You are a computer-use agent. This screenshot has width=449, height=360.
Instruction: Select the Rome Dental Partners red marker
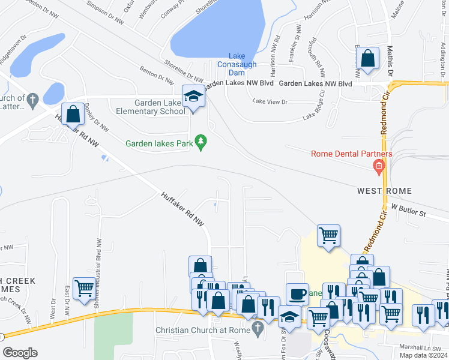pyautogui.click(x=378, y=166)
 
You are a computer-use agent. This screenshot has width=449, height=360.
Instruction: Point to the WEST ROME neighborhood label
pyautogui.click(x=384, y=191)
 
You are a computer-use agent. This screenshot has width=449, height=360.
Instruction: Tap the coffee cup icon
pyautogui.click(x=297, y=294)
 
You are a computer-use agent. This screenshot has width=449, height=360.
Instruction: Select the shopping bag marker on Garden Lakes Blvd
pyautogui.click(x=367, y=59)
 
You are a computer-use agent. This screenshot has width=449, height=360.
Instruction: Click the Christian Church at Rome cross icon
pyautogui.click(x=258, y=329)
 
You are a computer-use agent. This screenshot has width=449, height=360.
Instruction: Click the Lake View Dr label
pyautogui.click(x=270, y=102)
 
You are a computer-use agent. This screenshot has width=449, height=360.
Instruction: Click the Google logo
pyautogui.click(x=20, y=353)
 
